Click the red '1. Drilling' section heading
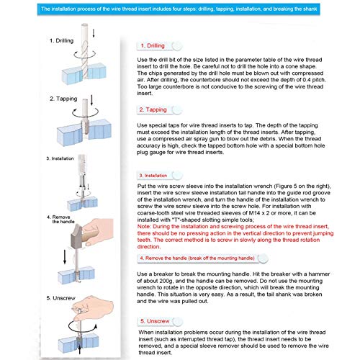point(153,45)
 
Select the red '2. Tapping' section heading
point(153,109)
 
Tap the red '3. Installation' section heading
point(153,176)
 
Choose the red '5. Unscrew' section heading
point(155,321)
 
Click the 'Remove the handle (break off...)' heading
point(197,258)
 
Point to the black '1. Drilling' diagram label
point(61,40)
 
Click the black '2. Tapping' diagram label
point(63,99)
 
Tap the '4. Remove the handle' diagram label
point(60,220)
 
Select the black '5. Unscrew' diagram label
point(60,298)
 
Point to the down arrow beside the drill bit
point(94,33)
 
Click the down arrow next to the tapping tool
point(91,100)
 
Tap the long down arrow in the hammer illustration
point(65,256)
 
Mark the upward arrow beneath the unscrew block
point(80,349)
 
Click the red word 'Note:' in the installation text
point(144,226)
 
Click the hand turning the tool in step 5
point(96,308)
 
